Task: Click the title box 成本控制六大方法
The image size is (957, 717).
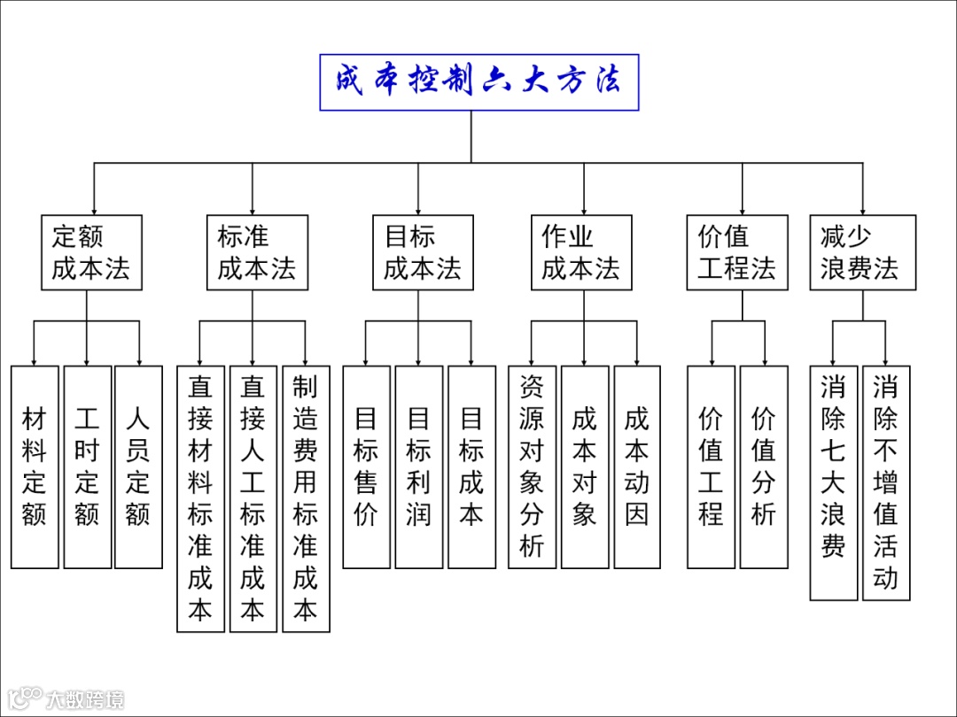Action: [478, 81]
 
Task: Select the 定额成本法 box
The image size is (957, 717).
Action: [91, 252]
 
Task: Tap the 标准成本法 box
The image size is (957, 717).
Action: [257, 252]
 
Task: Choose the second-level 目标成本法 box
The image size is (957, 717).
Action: [423, 252]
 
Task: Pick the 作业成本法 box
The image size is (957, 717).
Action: [581, 252]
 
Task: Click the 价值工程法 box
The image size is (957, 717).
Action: [737, 252]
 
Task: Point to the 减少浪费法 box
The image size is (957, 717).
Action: [862, 252]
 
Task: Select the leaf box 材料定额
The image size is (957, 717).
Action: [35, 466]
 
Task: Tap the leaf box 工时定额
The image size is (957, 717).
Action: [87, 466]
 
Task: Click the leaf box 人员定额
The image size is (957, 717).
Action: [139, 466]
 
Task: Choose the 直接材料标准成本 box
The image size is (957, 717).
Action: [200, 498]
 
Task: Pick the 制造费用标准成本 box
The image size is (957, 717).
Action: [306, 498]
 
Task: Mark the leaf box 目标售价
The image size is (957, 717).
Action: [366, 466]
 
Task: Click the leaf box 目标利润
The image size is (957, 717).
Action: [418, 466]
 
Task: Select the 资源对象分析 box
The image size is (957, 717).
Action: [532, 466]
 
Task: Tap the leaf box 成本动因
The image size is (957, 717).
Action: [637, 466]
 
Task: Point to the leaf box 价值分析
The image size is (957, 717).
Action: [764, 466]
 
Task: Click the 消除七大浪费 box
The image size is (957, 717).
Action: [833, 482]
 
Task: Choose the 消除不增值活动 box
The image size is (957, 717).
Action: [886, 482]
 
